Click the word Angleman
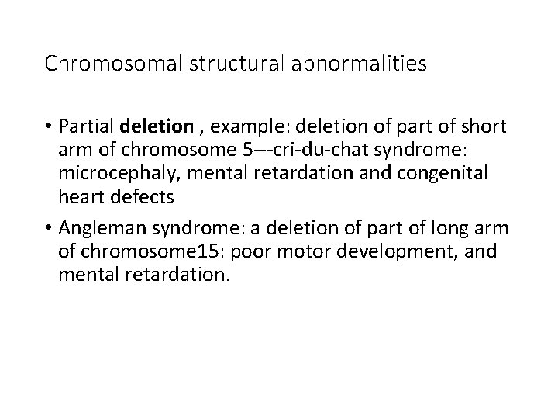click(x=105, y=228)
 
